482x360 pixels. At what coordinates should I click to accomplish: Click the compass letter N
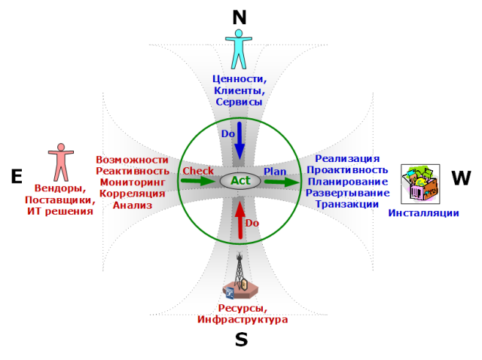pos(240,17)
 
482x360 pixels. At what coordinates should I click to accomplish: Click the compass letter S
pos(241,340)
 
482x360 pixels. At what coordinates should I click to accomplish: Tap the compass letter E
pos(17,176)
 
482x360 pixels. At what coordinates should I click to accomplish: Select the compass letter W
pos(461,178)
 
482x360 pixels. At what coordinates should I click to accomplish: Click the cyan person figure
pos(239,48)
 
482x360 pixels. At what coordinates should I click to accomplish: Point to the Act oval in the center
pos(240,181)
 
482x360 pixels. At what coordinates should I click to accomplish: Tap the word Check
pos(199,171)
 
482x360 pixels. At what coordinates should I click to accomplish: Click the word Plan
pos(275,172)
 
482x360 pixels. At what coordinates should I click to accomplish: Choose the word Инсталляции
pos(424,213)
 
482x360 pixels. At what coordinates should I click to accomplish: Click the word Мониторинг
pos(133,182)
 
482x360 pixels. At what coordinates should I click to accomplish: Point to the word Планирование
pos(347,182)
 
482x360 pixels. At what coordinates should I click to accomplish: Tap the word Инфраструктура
pos(243,320)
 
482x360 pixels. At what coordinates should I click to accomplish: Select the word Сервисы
pos(239,101)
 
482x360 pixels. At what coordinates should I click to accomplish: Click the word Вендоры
pos(59,188)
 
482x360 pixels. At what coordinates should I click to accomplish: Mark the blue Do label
pos(228,133)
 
